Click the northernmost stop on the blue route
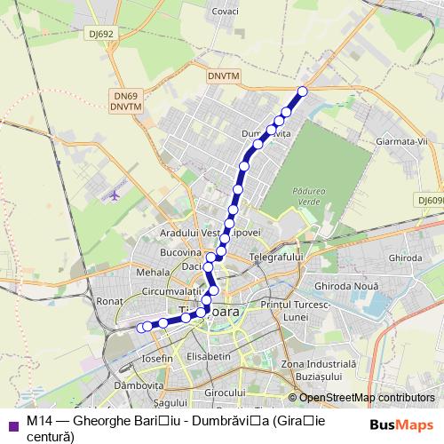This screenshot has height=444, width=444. (x=302, y=91)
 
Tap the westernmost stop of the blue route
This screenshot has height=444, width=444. (x=140, y=328)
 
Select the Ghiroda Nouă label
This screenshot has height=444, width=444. (x=346, y=286)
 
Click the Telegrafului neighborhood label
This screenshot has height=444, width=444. (x=277, y=257)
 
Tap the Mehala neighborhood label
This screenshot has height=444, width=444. (x=152, y=274)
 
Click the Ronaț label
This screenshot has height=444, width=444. (x=109, y=301)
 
